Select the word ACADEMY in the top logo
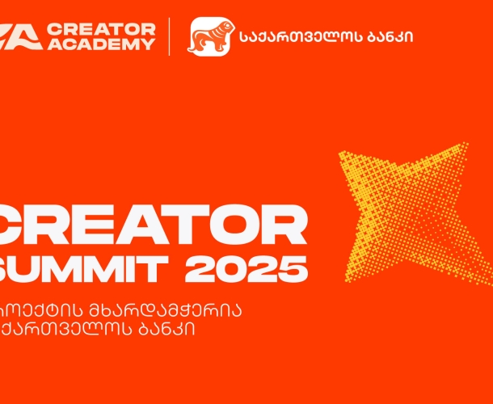pyautogui.click(x=101, y=44)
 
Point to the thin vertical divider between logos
pyautogui.click(x=169, y=36)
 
